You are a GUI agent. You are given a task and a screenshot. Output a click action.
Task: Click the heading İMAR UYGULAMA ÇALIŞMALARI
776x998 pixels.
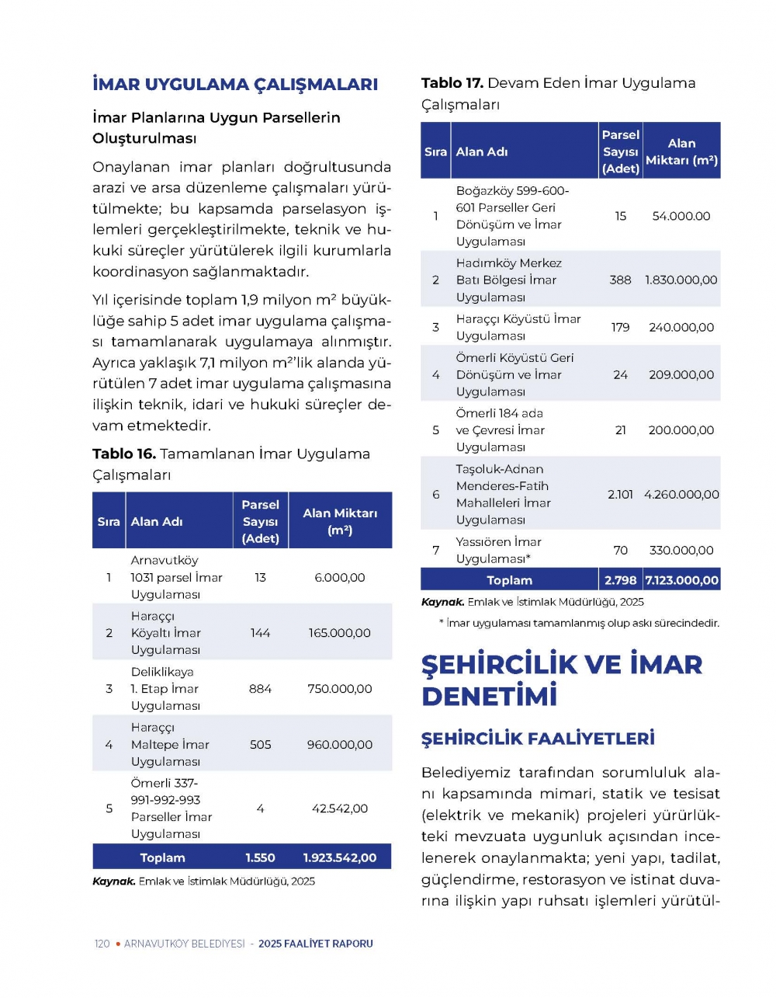(234, 85)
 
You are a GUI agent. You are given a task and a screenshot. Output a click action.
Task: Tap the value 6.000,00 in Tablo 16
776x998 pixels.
(340, 577)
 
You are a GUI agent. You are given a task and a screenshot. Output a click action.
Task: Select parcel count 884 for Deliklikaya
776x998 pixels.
(260, 689)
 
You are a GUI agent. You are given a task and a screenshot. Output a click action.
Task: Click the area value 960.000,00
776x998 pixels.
(340, 745)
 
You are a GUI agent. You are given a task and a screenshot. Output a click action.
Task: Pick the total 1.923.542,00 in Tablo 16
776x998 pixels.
(340, 857)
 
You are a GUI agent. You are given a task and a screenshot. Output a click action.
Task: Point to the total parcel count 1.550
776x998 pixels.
(260, 857)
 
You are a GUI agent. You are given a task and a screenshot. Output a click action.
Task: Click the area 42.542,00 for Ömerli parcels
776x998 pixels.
(340, 808)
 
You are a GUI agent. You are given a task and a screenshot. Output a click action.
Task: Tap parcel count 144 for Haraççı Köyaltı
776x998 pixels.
(260, 633)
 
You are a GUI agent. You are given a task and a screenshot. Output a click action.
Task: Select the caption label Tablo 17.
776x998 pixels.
(452, 83)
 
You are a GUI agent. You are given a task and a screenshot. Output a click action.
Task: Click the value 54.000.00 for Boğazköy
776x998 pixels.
(681, 216)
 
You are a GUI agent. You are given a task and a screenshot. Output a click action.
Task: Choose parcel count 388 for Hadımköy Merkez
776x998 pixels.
(620, 280)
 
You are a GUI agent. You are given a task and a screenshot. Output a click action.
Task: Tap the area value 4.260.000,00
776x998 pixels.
(681, 494)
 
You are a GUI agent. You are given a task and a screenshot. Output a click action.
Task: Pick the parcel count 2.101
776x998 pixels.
(620, 494)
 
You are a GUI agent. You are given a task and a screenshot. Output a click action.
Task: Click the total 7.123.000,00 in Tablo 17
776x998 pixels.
(681, 580)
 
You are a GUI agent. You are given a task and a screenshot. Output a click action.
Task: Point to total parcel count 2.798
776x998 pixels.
(620, 580)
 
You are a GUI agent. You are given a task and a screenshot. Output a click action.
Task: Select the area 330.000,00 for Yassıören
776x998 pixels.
(681, 550)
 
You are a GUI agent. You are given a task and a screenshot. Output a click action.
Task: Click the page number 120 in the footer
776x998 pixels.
(102, 944)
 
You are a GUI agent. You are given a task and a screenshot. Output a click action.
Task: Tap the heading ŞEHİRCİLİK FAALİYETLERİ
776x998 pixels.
(538, 739)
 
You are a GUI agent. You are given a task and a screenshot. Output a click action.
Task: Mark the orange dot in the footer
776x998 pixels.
(118, 944)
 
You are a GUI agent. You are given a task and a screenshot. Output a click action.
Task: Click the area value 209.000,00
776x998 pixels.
(681, 374)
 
